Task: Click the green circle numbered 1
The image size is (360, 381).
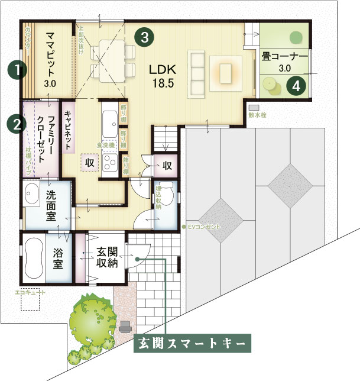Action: coord(18,70)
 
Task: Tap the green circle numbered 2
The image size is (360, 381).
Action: coord(16,124)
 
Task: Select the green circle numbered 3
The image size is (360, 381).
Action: coord(144,37)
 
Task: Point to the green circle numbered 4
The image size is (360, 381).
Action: coord(296,86)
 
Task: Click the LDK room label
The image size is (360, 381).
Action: coord(162,76)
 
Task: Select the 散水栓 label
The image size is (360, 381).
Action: coord(257,115)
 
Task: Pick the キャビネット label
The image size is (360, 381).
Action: coord(68,131)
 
